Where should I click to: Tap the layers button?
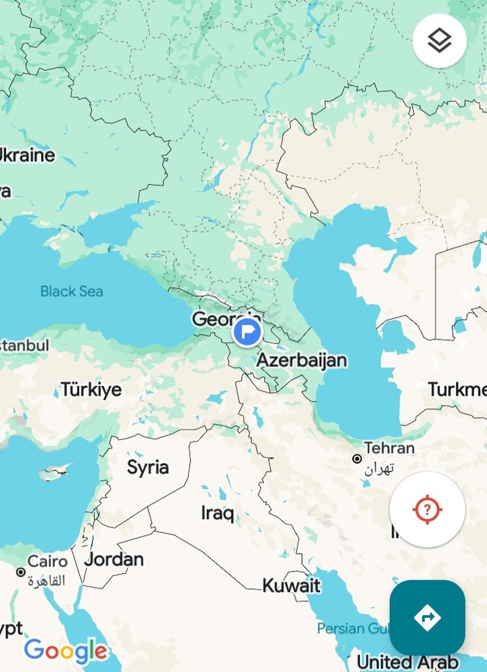tap(439, 40)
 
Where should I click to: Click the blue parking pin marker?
tap(247, 332)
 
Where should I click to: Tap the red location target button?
tap(427, 509)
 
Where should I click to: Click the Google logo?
tap(65, 651)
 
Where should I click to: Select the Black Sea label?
tap(72, 291)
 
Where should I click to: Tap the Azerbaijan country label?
tap(301, 360)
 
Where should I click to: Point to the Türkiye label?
tap(91, 390)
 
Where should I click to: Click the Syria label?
tap(148, 467)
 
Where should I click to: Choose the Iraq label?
tap(218, 513)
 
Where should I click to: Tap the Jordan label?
tap(114, 559)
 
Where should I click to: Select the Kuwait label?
tap(291, 585)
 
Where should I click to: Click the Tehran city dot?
tap(357, 459)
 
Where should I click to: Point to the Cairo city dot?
tap(21, 572)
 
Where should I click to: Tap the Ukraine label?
tap(26, 155)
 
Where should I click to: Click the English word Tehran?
tap(389, 447)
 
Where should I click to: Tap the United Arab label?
tap(407, 662)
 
